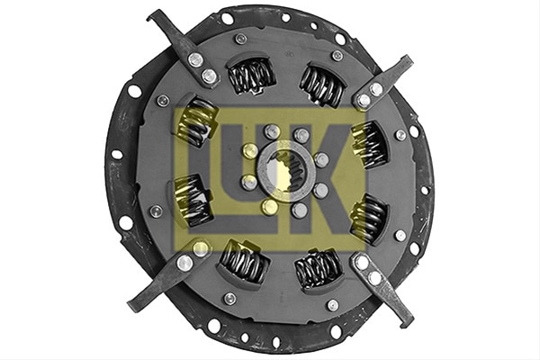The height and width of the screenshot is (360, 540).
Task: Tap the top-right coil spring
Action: click(x=321, y=85)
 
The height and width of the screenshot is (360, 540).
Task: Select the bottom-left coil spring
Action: click(x=244, y=261)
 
